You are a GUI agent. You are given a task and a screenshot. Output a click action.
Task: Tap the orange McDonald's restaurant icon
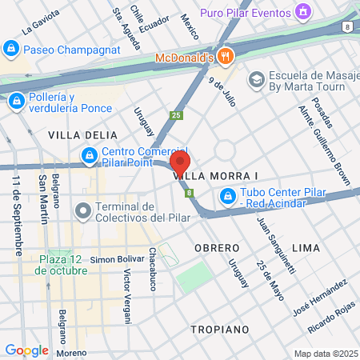(x=226, y=57)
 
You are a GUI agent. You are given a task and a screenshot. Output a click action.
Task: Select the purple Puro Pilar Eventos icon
(x=303, y=12)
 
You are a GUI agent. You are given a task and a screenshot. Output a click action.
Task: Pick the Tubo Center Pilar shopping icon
(x=228, y=194)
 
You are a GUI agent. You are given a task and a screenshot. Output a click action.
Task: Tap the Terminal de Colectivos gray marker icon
(x=82, y=212)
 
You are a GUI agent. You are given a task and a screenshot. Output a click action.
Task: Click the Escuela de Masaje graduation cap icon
(x=256, y=79)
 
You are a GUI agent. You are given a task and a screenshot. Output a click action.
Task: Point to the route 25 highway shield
(x=176, y=115)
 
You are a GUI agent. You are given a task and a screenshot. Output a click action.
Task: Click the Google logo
(x=26, y=350)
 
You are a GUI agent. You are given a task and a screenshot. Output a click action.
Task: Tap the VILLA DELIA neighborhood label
(x=77, y=134)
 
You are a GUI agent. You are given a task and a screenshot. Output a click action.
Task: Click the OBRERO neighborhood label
(x=217, y=248)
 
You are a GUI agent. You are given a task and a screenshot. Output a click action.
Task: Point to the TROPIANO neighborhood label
(x=221, y=329)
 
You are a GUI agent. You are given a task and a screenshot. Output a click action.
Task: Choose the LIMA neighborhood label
(x=306, y=248)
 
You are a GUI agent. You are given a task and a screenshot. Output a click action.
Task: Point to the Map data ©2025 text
(x=325, y=354)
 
